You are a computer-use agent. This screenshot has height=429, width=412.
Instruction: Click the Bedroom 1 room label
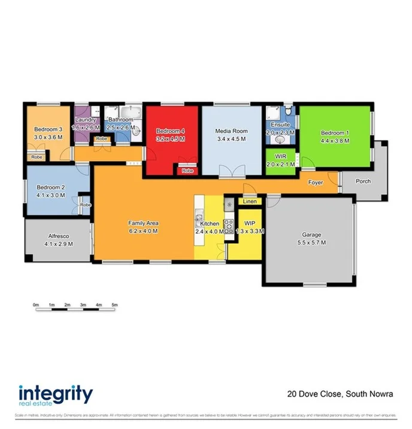coord(334,133)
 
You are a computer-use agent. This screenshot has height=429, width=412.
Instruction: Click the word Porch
coord(363,181)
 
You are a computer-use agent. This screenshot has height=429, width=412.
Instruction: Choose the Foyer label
coord(316,182)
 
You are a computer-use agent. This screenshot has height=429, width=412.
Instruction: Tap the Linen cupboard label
coord(249,202)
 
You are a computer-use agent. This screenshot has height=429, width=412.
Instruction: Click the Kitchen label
coord(210,223)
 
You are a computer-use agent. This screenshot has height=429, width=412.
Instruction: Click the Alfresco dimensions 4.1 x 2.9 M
coord(59,244)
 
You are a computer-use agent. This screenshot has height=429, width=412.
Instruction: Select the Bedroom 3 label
coord(48,129)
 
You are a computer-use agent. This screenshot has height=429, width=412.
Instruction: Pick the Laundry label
coord(85,120)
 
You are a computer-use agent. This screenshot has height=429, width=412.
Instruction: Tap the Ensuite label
coord(280,125)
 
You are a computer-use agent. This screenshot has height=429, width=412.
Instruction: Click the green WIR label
coord(280,158)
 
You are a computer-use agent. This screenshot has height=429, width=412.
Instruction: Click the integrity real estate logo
coord(56,395)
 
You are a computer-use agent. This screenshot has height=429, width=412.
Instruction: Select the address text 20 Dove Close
coord(314,394)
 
